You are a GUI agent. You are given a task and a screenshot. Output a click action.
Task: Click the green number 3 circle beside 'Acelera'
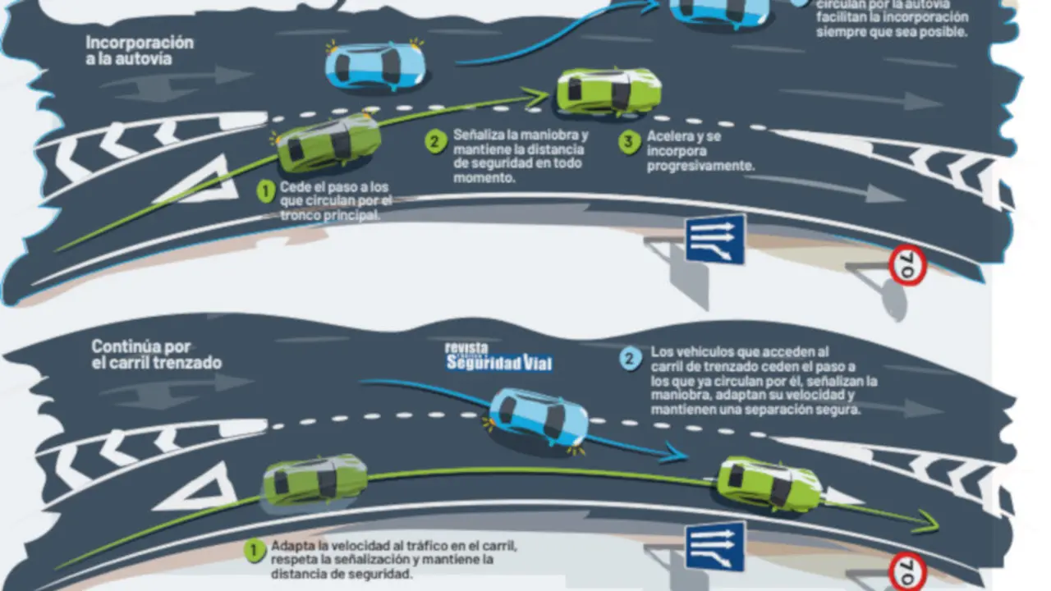click(629, 142)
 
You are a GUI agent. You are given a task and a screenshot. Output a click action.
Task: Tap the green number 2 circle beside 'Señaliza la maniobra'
click(435, 140)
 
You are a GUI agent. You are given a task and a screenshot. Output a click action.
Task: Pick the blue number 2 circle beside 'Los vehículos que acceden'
click(631, 358)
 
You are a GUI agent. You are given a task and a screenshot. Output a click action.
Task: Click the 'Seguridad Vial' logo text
click(498, 362)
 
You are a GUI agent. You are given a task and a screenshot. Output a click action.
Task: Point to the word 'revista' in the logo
click(466, 347)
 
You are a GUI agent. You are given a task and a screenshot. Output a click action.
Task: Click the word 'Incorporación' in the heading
click(140, 43)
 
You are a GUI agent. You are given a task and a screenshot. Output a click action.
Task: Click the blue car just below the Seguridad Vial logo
click(539, 416)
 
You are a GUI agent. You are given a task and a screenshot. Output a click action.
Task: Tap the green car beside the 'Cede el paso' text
click(328, 143)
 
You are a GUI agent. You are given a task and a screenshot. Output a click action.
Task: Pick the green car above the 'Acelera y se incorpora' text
click(608, 90)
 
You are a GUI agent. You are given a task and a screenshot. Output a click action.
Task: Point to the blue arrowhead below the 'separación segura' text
click(675, 452)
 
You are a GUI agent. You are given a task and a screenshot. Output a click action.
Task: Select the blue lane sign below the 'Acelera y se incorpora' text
click(715, 239)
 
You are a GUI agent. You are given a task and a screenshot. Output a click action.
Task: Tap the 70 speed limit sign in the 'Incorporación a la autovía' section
click(908, 266)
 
